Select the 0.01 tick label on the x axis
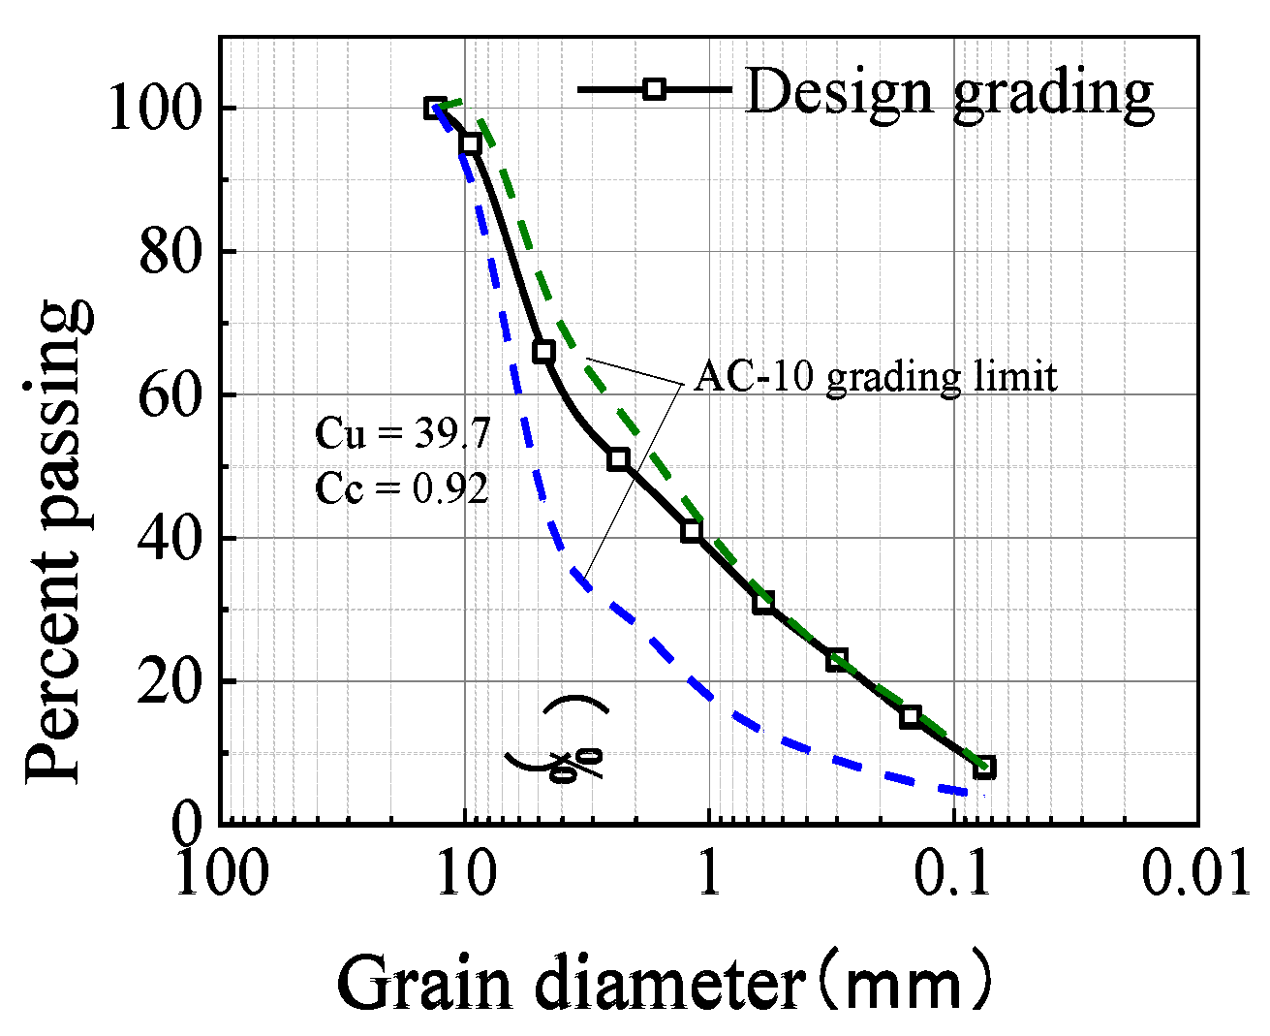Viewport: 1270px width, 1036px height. point(1194,873)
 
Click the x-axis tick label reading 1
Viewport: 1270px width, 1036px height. point(710,873)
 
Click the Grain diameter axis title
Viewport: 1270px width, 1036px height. point(666,983)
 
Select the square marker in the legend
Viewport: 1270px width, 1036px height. point(655,89)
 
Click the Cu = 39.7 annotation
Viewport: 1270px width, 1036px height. point(403,433)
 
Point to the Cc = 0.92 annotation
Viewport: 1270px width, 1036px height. point(402,488)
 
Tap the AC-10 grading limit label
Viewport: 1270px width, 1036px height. point(876,376)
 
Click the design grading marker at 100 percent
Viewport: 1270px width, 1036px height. point(435,108)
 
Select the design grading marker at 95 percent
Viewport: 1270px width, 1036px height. point(471,143)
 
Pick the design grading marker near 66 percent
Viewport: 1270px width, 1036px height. point(544,352)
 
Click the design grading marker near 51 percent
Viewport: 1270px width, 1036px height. point(618,459)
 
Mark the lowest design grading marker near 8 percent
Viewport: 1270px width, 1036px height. point(984,768)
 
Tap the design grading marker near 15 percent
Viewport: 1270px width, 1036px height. point(911,717)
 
